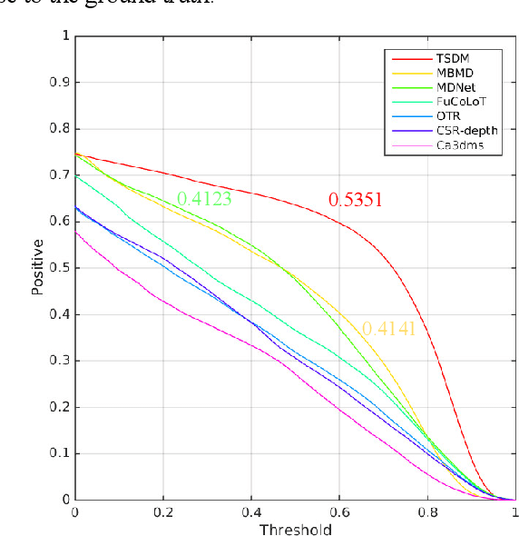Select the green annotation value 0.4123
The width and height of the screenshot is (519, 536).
[x=204, y=198]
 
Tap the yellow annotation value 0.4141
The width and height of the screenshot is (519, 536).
[x=388, y=330]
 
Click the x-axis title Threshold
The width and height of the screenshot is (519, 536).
[x=295, y=529]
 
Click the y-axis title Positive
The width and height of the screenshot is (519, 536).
[x=37, y=267]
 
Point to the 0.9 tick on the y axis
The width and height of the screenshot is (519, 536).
[x=60, y=83]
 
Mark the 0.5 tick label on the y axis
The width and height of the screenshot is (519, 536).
[x=60, y=268]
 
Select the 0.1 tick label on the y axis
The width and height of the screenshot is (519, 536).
[x=60, y=453]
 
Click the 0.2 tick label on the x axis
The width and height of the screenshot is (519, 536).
[x=163, y=512]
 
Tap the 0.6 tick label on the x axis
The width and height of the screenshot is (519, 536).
[x=339, y=512]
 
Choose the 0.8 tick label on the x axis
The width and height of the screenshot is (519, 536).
[x=427, y=512]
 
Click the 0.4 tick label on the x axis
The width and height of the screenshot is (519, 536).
[x=251, y=512]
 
